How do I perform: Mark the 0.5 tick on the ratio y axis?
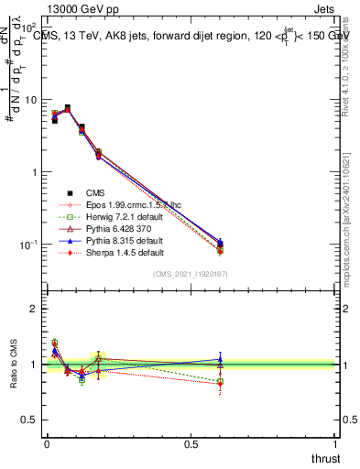coord(29,420)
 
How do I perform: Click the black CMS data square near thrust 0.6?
coord(220,245)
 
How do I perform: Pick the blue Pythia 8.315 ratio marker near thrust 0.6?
coord(220,360)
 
